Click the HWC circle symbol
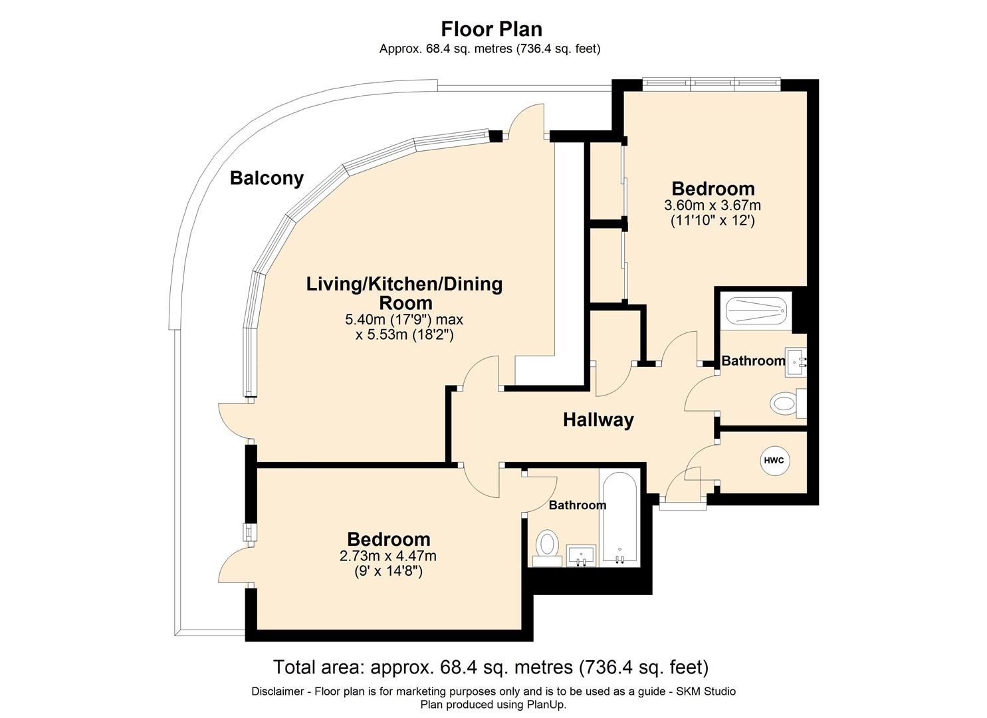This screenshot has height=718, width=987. (774, 461)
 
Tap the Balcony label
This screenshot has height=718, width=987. (267, 178)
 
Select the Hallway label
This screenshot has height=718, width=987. (598, 419)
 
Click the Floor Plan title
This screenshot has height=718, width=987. (492, 29)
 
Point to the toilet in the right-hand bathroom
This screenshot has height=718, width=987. (788, 404)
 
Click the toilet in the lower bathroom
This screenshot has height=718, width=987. (547, 548)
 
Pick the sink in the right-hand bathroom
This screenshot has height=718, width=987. (796, 362)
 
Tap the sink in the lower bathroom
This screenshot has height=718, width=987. (581, 556)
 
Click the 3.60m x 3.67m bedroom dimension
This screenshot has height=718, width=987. (713, 205)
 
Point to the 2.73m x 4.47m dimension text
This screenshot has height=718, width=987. (388, 556)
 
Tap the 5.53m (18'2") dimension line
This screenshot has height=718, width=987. (405, 335)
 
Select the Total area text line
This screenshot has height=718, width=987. (491, 667)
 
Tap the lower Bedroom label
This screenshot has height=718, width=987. (389, 539)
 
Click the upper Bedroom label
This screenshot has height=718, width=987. (713, 189)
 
